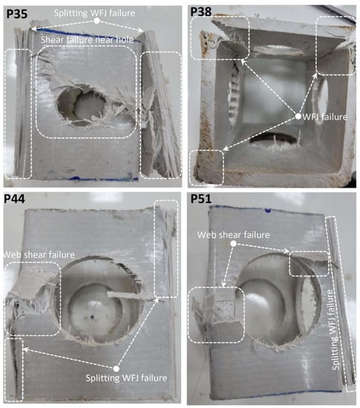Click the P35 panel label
(16, 13)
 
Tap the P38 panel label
(200, 11)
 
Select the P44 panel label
(15, 199)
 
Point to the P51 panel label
(201, 199)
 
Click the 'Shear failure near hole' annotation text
(87, 39)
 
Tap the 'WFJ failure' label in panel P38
(325, 116)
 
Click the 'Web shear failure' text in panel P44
(39, 254)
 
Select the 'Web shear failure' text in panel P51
(234, 234)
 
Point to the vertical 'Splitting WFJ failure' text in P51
(336, 330)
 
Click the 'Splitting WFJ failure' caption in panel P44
(126, 378)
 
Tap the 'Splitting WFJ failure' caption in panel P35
(94, 13)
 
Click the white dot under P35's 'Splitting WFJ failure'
(96, 21)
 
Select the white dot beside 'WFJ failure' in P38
(298, 116)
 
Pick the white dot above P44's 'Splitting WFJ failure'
(117, 369)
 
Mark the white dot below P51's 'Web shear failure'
(234, 243)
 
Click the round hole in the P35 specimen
(82, 105)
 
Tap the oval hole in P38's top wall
(278, 50)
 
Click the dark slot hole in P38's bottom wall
(273, 139)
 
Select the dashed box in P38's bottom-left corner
(206, 168)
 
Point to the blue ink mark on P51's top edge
(268, 209)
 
